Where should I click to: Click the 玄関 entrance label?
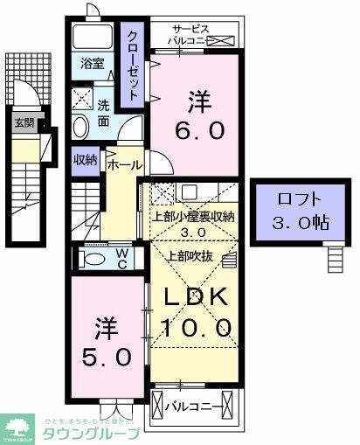(23, 122)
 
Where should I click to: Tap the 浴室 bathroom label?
(93, 64)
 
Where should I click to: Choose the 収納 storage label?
(85, 158)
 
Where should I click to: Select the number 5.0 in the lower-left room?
(101, 358)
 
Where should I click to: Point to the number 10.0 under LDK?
(196, 328)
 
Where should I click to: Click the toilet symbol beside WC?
(91, 259)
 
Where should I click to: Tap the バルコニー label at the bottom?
(191, 405)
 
